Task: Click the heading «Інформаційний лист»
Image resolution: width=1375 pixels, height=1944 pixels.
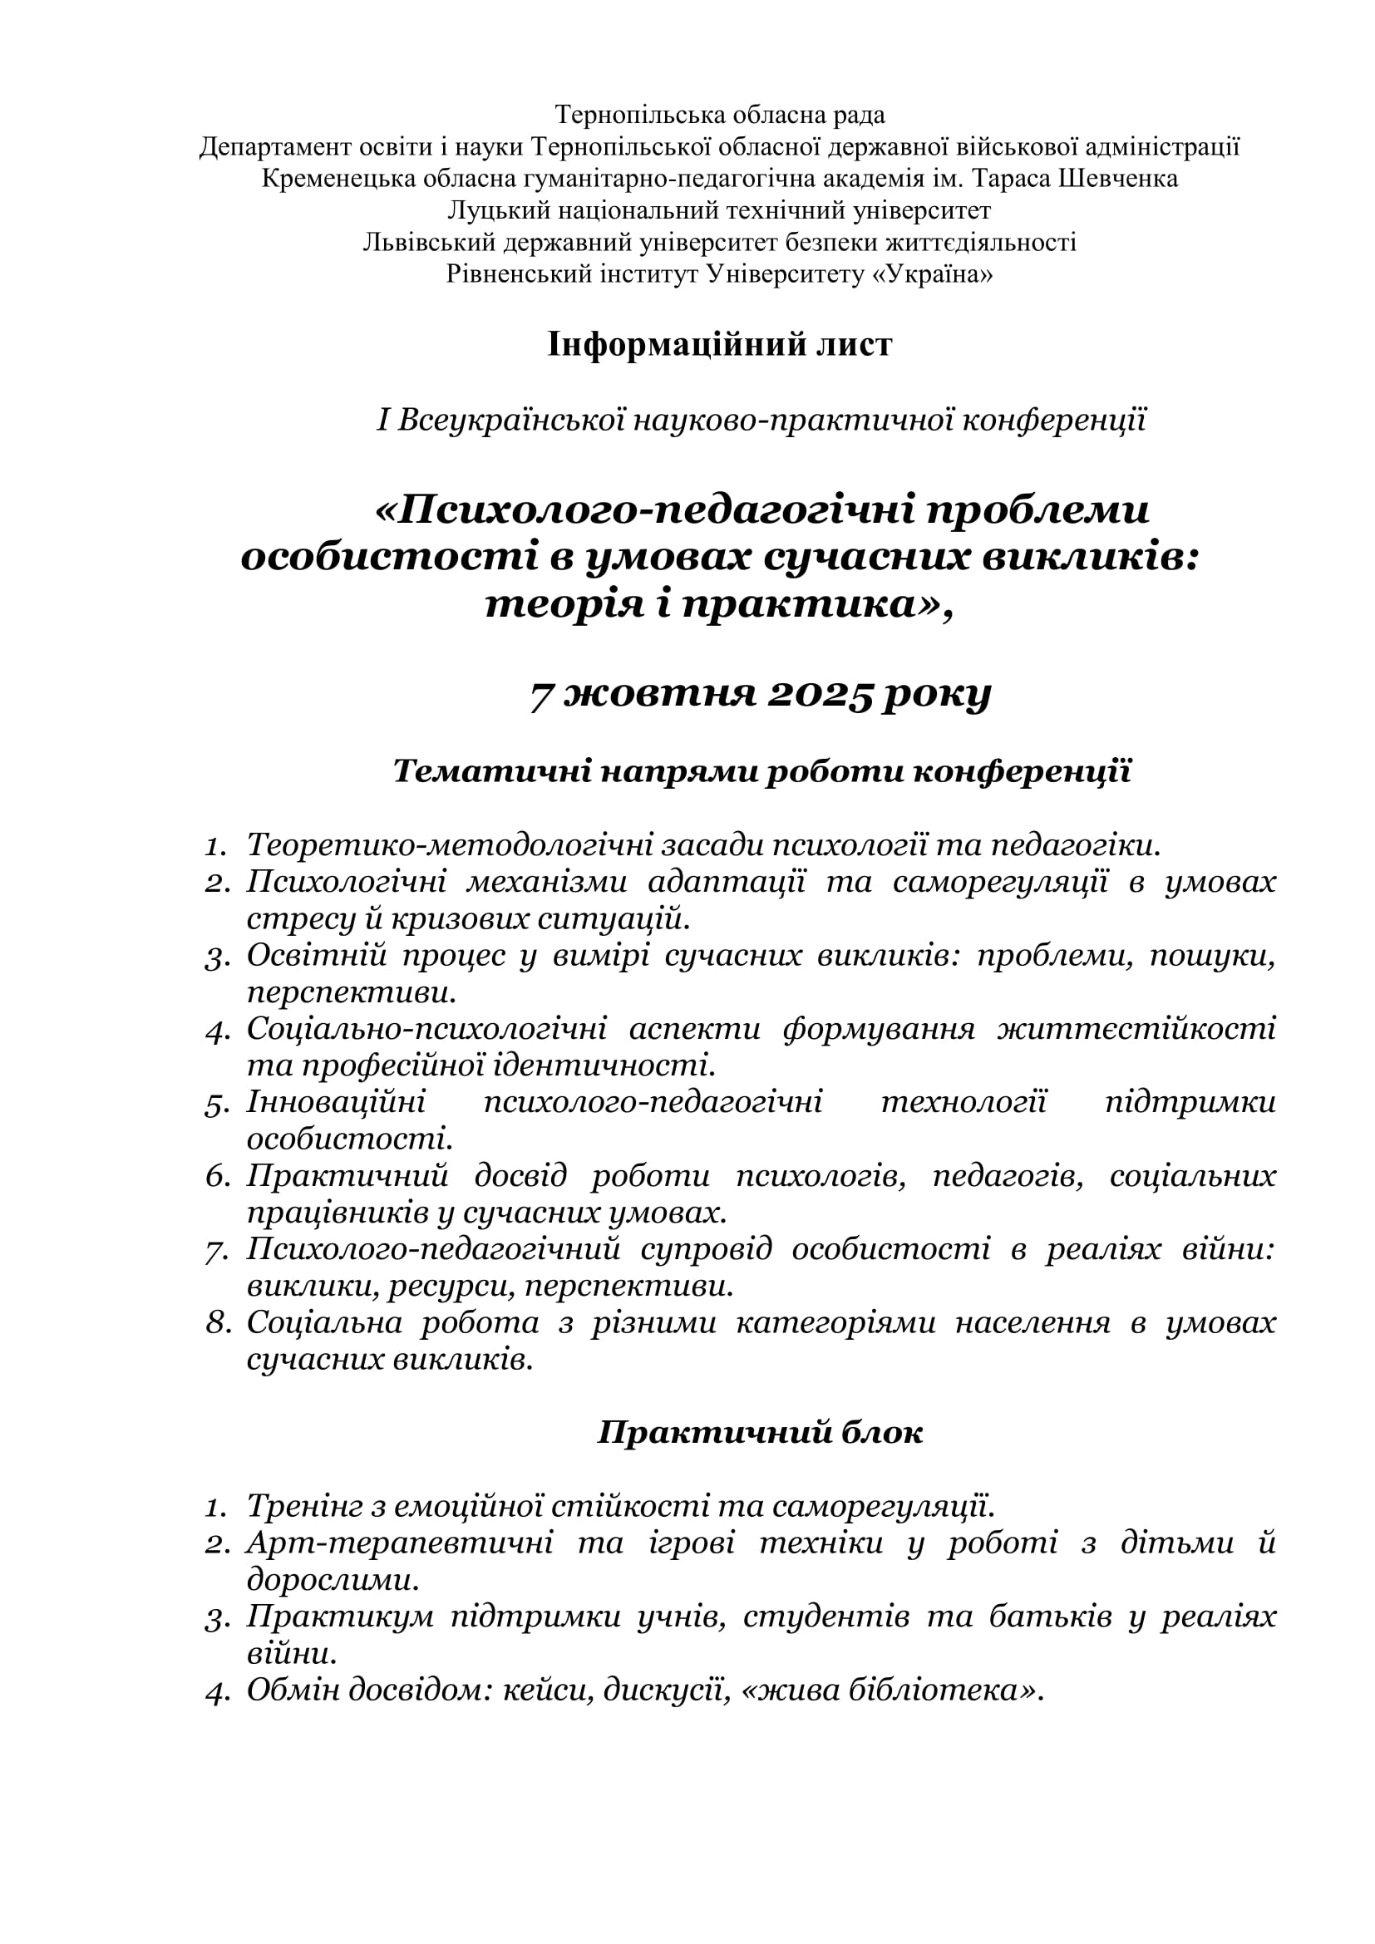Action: tap(719, 346)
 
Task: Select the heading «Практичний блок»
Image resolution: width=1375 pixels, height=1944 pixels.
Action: tap(760, 1433)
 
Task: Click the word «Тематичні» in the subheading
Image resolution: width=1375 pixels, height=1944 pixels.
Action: tap(491, 771)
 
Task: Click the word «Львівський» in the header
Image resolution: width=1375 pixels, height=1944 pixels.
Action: tap(428, 243)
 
